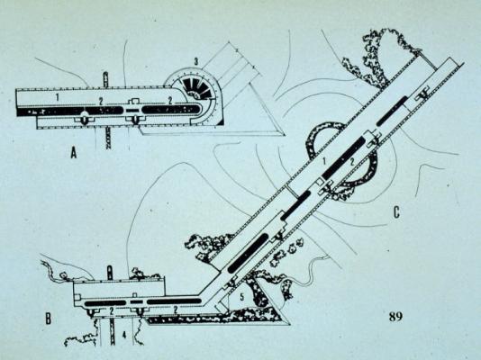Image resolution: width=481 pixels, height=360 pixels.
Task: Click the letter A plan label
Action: [73, 152]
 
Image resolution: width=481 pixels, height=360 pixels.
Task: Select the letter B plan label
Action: [48, 319]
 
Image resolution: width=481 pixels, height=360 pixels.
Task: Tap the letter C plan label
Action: [396, 212]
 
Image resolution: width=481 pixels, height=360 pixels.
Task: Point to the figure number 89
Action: [395, 317]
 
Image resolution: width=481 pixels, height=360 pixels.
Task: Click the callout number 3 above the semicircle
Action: [195, 61]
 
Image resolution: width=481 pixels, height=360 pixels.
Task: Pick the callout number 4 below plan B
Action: [124, 335]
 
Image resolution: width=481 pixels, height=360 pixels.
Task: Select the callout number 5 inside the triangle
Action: [242, 297]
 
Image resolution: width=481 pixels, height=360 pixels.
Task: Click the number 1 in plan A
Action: [57, 98]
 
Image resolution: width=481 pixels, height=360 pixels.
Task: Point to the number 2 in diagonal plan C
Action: [352, 162]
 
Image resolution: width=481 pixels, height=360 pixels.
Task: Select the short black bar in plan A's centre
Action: [132, 110]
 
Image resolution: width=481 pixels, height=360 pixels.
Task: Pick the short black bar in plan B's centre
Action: [136, 302]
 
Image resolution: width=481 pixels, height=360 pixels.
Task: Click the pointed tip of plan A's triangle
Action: [285, 135]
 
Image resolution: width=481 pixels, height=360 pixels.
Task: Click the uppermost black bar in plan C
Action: [393, 111]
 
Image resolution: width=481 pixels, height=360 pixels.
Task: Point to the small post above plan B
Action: [109, 273]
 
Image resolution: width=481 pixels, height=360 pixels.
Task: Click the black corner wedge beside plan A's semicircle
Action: [221, 122]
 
